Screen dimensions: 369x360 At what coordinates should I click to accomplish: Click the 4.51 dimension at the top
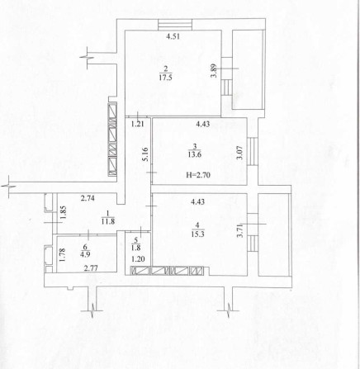pyautogui.click(x=172, y=37)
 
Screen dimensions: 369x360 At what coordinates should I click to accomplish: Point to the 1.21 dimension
pyautogui.click(x=139, y=125)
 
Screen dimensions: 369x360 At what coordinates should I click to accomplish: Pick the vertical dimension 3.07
pyautogui.click(x=240, y=152)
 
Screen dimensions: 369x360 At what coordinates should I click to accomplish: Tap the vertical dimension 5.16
pyautogui.click(x=143, y=154)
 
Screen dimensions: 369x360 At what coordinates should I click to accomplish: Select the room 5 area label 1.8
pyautogui.click(x=137, y=245)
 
